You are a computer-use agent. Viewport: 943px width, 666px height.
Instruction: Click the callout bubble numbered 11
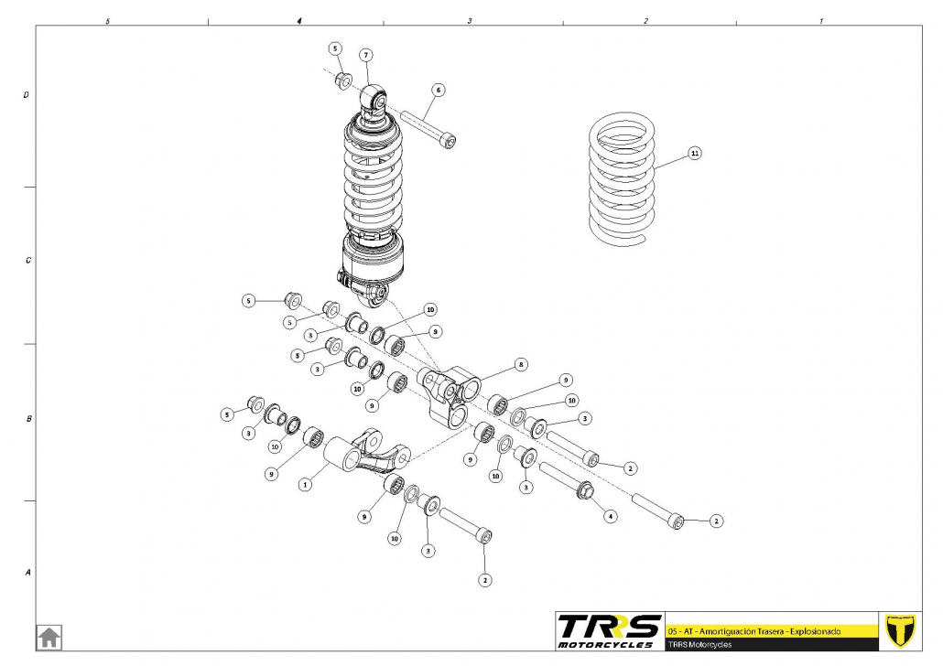[x=695, y=154]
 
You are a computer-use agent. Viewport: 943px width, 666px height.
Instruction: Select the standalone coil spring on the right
[x=623, y=179]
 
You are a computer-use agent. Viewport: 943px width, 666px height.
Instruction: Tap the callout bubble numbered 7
[x=364, y=55]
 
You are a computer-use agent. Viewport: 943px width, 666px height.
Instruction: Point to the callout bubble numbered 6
[x=439, y=90]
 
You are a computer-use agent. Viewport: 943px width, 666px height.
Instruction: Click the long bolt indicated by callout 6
[x=427, y=127]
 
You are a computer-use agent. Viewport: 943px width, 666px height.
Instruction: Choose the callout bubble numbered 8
[x=520, y=364]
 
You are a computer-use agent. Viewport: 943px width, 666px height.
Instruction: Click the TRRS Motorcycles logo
[x=609, y=630]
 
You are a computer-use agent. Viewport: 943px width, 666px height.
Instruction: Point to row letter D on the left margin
[x=27, y=94]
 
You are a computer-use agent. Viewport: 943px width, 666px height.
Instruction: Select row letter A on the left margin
[x=27, y=573]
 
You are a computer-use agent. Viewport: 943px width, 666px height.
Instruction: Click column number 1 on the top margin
[x=820, y=19]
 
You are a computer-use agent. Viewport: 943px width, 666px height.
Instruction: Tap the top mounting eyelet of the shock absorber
[x=374, y=96]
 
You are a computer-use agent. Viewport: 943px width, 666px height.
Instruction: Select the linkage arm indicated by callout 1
[x=371, y=452]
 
